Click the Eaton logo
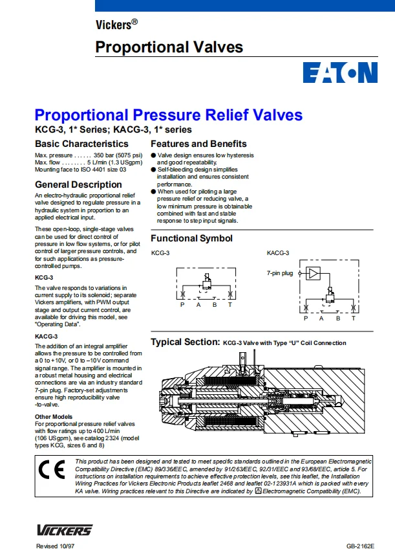340,73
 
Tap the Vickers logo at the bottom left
65,530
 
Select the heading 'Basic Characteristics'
81,144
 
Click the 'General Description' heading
78,184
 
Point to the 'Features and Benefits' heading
198,144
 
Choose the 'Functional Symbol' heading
191,238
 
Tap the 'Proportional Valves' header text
169,47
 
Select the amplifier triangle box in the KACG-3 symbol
314,273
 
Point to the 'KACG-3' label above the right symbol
278,253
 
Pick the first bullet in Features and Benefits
154,156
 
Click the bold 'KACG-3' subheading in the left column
46,337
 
